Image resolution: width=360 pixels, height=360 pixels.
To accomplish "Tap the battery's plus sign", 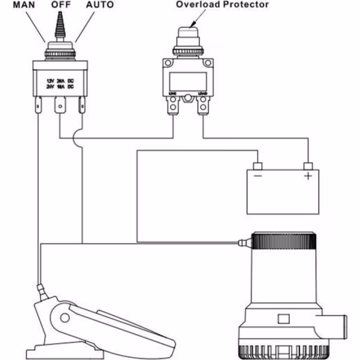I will [308, 175].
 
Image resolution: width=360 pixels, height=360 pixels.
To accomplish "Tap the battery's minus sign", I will [258, 175].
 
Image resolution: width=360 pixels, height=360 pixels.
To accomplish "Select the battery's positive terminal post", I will [308, 165].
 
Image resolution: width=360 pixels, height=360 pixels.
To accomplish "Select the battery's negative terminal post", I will [258, 165].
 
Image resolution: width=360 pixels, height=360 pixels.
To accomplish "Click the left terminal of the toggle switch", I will [39, 108].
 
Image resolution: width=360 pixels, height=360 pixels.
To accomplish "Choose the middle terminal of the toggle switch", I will [60, 107].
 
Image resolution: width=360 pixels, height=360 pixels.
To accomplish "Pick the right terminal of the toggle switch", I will [81, 108].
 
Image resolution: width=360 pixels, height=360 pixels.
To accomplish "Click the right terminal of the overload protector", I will [203, 107].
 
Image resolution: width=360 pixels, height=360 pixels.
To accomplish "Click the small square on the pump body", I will [283, 319].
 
